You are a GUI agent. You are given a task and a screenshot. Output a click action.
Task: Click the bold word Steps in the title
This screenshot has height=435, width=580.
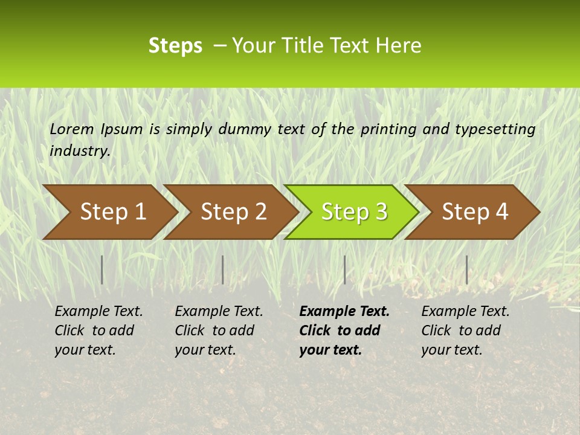pyautogui.click(x=175, y=46)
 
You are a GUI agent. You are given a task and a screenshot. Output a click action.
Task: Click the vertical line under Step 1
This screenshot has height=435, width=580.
pyautogui.click(x=102, y=269)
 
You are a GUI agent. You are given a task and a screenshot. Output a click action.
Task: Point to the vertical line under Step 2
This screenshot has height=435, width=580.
pyautogui.click(x=223, y=269)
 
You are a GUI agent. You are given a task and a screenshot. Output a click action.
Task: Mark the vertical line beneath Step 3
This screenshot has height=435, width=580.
pyautogui.click(x=344, y=269)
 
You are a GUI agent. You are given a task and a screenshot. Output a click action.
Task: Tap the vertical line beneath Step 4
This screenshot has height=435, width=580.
pyautogui.click(x=466, y=269)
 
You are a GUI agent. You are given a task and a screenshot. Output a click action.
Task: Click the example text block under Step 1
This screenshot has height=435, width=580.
pyautogui.click(x=98, y=330)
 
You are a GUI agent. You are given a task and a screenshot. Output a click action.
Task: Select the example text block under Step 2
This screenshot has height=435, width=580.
pyautogui.click(x=219, y=330)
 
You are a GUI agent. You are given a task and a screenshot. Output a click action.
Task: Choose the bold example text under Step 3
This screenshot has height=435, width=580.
pyautogui.click(x=344, y=330)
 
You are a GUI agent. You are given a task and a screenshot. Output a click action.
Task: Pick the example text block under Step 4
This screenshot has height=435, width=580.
pyautogui.click(x=465, y=330)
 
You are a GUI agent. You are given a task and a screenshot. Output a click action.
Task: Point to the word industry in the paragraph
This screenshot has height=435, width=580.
pyautogui.click(x=80, y=151)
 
